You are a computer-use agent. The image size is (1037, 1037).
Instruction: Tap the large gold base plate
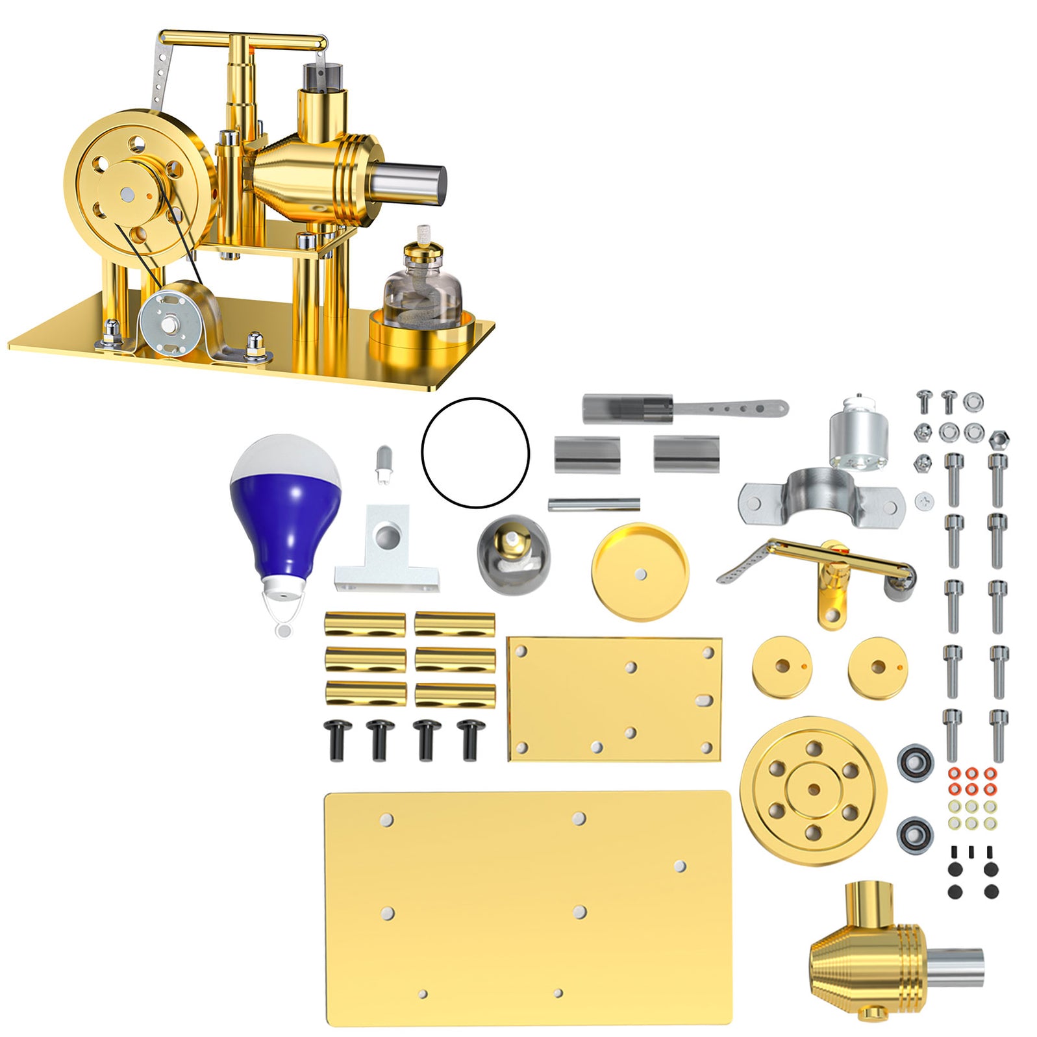pos(527,909)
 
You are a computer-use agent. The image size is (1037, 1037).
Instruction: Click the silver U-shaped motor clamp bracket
pos(821,497)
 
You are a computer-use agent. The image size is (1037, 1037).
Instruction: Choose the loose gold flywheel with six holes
pos(813,790)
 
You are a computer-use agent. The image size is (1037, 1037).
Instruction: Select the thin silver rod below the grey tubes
pos(593,505)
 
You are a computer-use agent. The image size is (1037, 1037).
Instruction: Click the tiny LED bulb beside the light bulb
pos(384,463)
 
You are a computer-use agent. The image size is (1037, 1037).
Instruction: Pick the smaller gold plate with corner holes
pos(614,698)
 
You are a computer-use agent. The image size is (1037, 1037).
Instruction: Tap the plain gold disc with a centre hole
pos(640,571)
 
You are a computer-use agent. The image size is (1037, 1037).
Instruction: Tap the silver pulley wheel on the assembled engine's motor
pos(169,323)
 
